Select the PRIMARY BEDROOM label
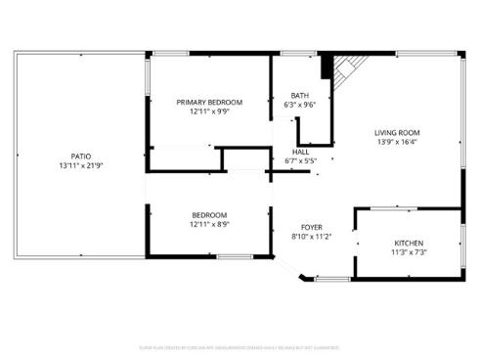(x=209, y=102)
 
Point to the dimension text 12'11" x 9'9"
(x=209, y=112)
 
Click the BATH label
(x=299, y=95)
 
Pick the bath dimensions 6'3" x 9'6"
(x=299, y=105)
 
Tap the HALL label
(x=300, y=152)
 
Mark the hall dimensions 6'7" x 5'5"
(x=300, y=160)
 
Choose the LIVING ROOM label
(x=397, y=132)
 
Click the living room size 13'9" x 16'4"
(x=397, y=142)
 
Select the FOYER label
(x=312, y=226)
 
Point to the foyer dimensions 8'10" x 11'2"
(x=312, y=236)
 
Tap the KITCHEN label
(x=409, y=242)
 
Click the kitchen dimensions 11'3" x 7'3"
(x=409, y=251)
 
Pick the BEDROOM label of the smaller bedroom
(x=209, y=215)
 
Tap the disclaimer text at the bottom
(x=239, y=346)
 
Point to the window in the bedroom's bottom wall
(x=235, y=257)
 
